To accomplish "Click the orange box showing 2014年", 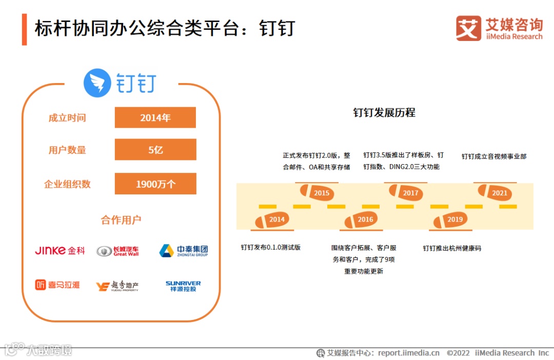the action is pyautogui.click(x=155, y=117).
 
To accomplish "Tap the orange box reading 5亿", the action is pyautogui.click(x=155, y=150).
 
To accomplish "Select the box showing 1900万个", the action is pyautogui.click(x=155, y=184).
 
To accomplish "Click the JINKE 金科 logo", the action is pyautogui.click(x=60, y=251).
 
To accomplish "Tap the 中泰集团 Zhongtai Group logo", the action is pyautogui.click(x=183, y=251).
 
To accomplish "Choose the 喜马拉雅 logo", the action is pyautogui.click(x=57, y=285).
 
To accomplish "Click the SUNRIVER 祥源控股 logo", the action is pyautogui.click(x=183, y=286).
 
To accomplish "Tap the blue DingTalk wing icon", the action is pyautogui.click(x=97, y=83).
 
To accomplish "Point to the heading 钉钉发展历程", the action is pyautogui.click(x=384, y=113).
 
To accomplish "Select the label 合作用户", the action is pyautogui.click(x=121, y=221).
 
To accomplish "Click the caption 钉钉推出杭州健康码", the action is pyautogui.click(x=452, y=248).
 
